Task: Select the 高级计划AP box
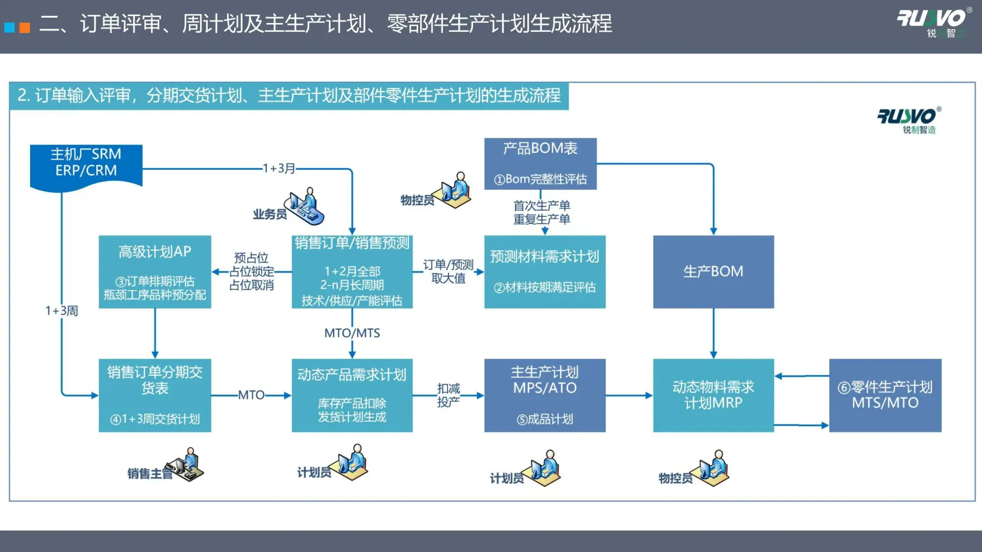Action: point(155,272)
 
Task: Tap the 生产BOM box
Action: point(713,271)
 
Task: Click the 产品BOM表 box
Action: point(540,163)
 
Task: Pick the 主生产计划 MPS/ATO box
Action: point(545,395)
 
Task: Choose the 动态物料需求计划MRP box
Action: point(713,395)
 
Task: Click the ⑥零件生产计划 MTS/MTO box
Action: point(885,395)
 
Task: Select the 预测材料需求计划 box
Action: point(545,271)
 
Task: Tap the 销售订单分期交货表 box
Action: point(155,395)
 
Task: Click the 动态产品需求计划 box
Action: point(352,395)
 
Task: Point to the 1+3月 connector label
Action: point(279,168)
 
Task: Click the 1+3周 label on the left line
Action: point(62,311)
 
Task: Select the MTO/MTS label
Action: point(352,333)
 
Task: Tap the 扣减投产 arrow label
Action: point(448,395)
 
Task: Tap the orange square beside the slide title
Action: point(25,27)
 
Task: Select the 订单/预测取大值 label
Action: point(448,271)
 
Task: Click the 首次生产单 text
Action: point(542,205)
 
